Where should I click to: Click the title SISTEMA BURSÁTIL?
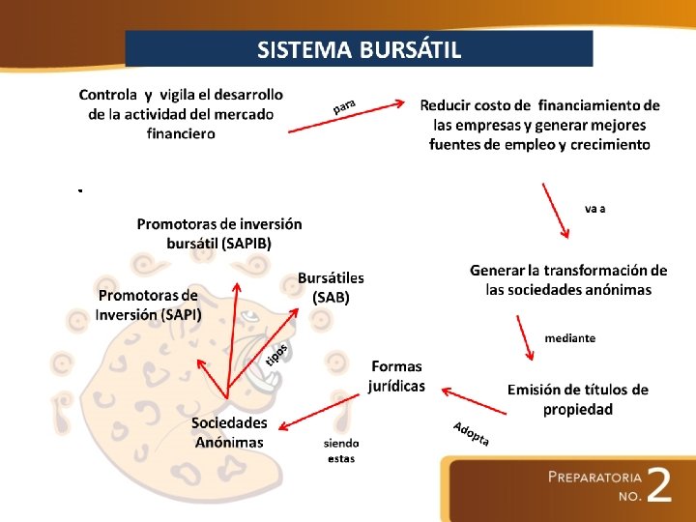[359, 49]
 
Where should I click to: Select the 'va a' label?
[595, 208]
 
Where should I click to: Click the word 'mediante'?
[569, 338]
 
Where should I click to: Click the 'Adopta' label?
[471, 434]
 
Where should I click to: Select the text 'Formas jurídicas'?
[396, 376]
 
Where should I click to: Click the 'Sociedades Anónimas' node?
[229, 433]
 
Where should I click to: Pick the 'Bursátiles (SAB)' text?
[331, 288]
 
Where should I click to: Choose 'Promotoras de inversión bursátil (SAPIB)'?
[219, 233]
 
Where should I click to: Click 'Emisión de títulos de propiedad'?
[578, 399]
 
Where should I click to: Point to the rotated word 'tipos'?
[276, 355]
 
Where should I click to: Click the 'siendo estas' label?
[341, 449]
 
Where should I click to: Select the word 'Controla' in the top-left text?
[108, 95]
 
